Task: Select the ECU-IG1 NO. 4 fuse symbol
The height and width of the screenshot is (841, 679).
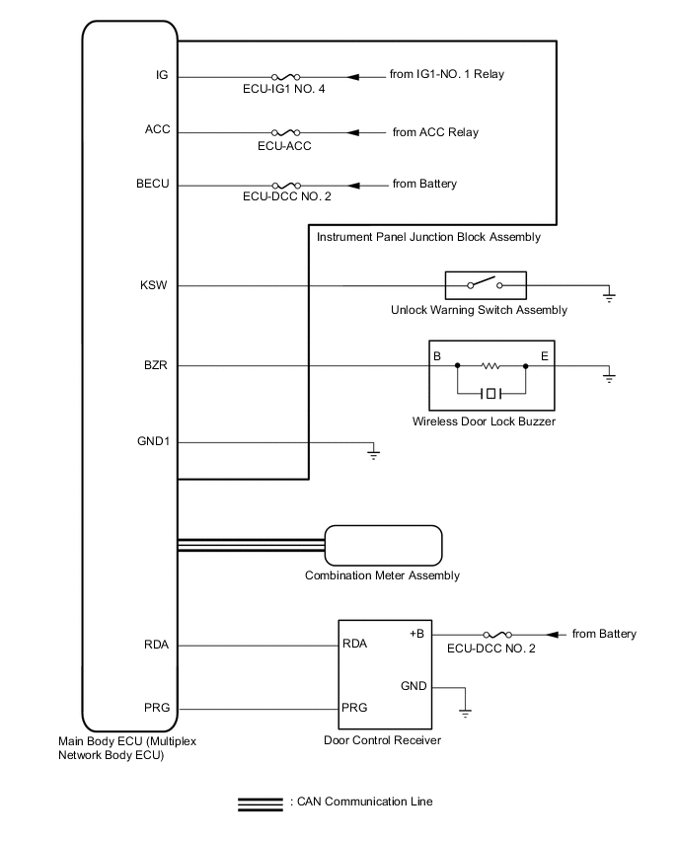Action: click(284, 76)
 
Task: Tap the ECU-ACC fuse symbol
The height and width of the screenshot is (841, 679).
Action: click(284, 131)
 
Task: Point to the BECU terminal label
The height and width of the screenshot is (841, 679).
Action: click(154, 185)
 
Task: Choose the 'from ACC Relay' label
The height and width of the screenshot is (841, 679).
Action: click(435, 131)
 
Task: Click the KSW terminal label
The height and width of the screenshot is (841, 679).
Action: click(156, 286)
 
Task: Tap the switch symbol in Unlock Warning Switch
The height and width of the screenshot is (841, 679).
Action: click(485, 286)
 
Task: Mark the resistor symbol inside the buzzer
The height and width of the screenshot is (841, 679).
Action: click(490, 366)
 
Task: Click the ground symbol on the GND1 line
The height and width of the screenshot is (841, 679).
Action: click(373, 453)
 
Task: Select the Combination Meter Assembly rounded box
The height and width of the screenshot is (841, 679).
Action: click(383, 545)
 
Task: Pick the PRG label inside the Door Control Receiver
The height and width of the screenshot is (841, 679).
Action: click(354, 708)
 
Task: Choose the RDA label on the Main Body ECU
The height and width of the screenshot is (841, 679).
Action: click(156, 646)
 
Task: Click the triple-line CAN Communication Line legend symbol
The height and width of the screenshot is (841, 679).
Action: click(262, 803)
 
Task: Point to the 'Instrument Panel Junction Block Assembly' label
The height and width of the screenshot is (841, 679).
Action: click(427, 238)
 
